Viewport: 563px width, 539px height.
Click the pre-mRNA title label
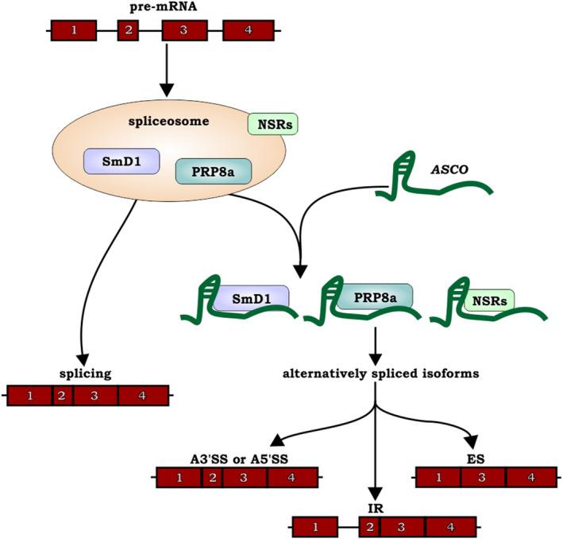click(x=164, y=8)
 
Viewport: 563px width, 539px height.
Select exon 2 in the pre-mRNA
click(x=129, y=31)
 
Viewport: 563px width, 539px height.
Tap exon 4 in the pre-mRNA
click(x=248, y=31)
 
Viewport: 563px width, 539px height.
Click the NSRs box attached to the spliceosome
click(x=272, y=124)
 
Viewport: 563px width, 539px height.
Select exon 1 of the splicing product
click(x=30, y=395)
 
